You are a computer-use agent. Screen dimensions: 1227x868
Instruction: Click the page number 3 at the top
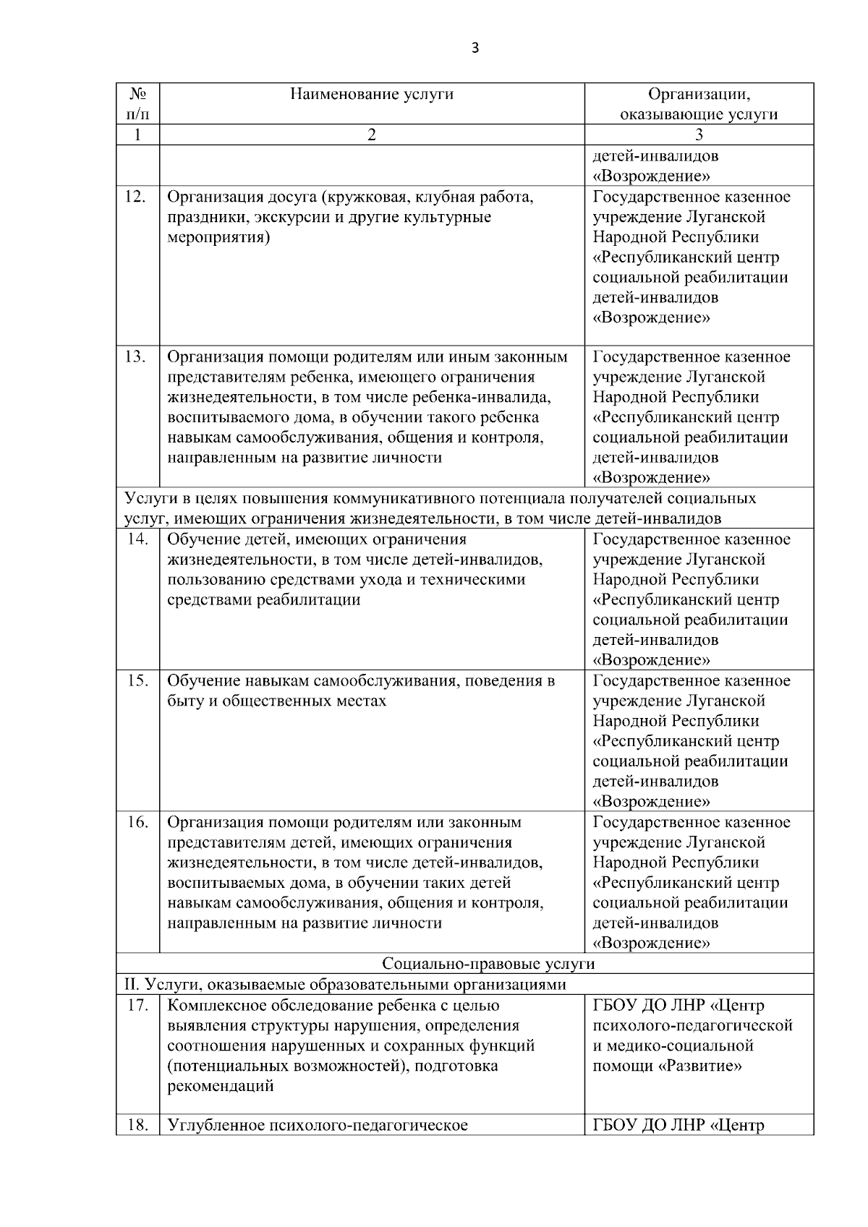475,48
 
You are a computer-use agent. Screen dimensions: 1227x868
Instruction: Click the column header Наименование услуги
372,94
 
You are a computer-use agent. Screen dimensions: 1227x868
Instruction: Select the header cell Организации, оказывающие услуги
699,104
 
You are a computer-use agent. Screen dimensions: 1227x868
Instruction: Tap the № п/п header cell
138,104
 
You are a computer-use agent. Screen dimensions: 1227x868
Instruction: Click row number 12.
135,197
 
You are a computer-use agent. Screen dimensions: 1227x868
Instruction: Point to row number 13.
135,357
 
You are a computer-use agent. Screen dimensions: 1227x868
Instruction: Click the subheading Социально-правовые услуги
488,964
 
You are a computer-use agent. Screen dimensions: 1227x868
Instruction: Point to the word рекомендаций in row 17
221,1086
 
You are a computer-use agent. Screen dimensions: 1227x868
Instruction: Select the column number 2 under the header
372,135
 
